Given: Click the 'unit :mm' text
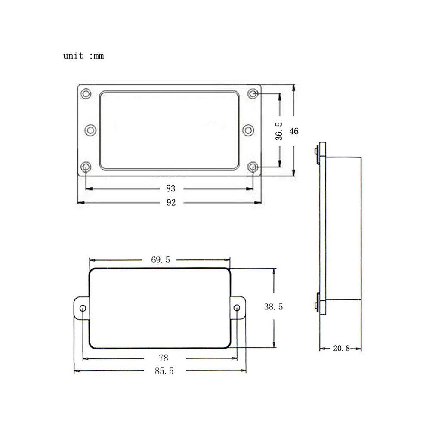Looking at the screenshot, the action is point(83,56).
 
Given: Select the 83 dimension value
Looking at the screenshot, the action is point(171,188).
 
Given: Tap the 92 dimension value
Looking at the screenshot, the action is point(171,202).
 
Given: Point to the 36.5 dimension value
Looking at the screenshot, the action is point(279,131).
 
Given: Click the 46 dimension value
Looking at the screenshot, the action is point(294,131).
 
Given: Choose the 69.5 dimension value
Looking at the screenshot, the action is point(161,260).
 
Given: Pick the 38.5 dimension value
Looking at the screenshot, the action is point(273,307).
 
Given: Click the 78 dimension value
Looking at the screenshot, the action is point(164,358).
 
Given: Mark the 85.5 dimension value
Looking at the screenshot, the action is point(164,371).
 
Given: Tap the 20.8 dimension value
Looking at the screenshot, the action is point(342,348).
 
